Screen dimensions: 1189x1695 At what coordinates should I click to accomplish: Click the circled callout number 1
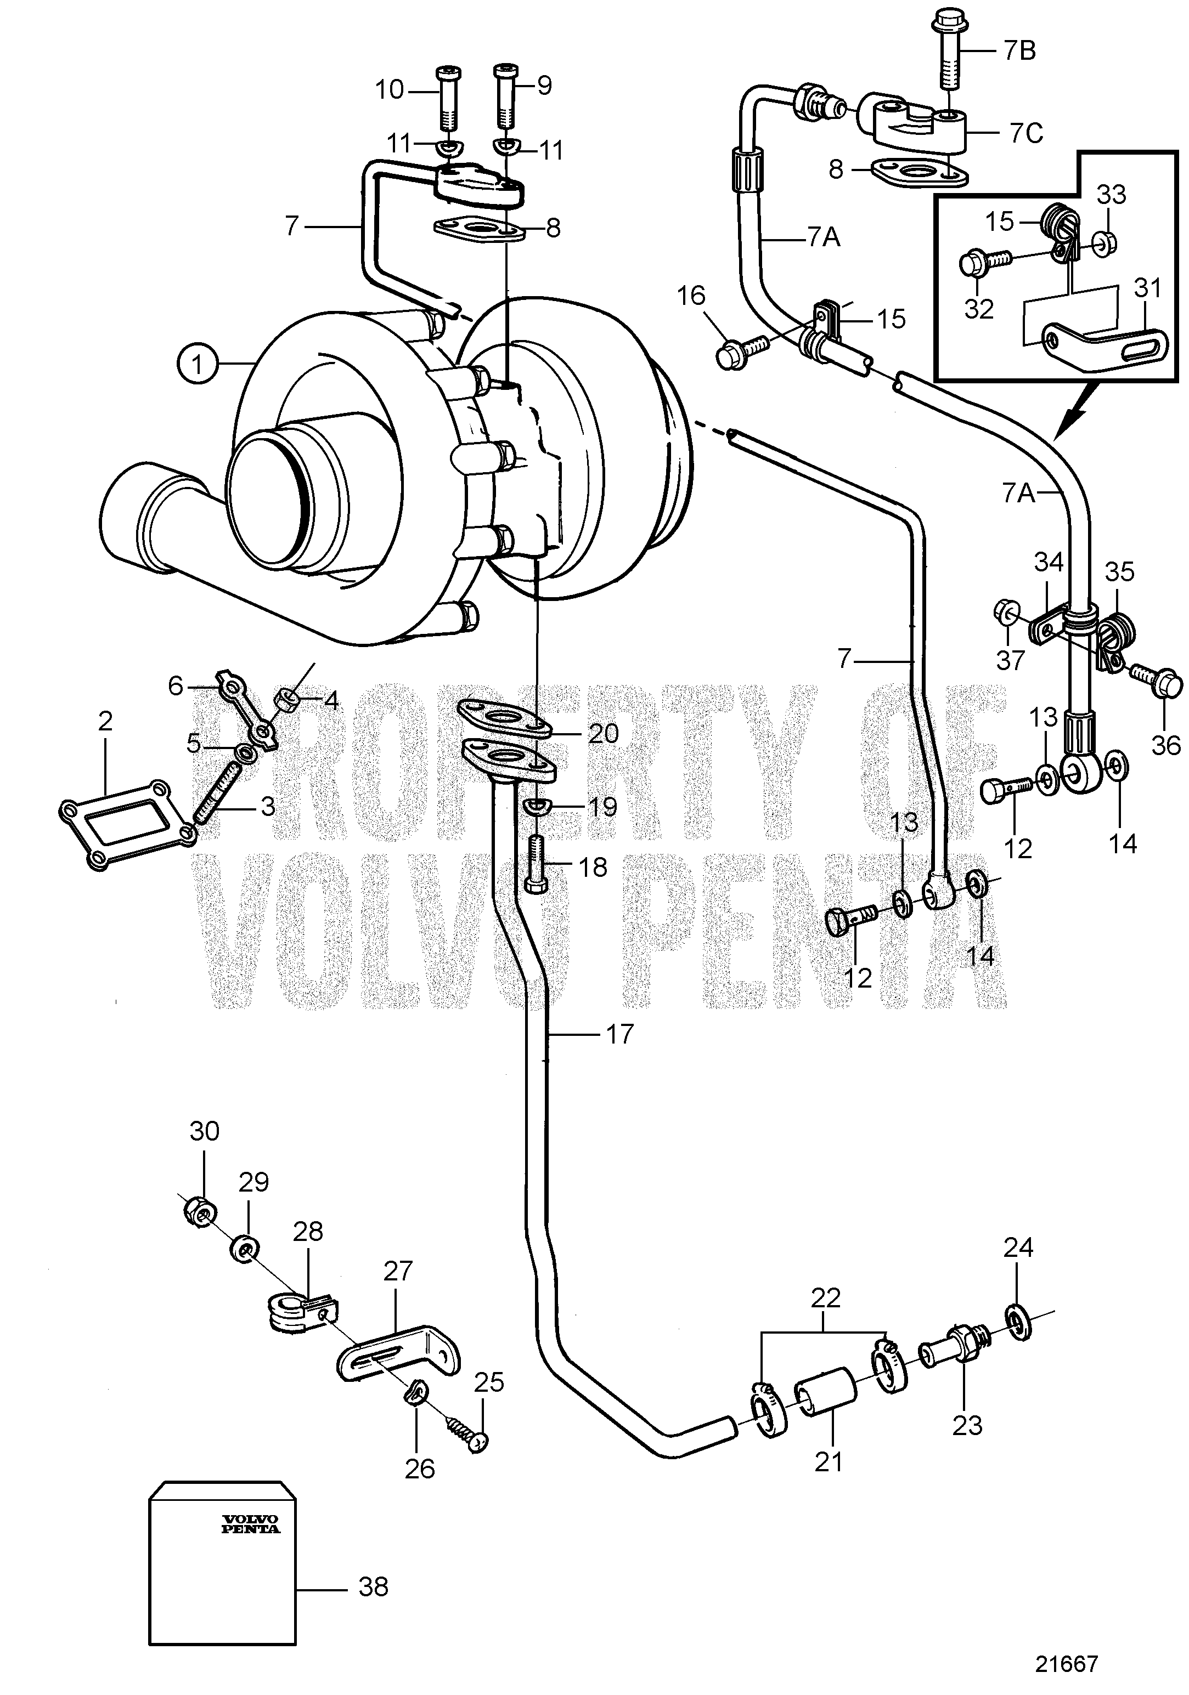(197, 364)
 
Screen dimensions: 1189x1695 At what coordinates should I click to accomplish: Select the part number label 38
(373, 1586)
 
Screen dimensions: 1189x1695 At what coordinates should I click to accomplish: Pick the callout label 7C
(1026, 133)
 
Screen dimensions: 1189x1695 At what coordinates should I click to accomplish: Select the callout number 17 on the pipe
(619, 1034)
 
